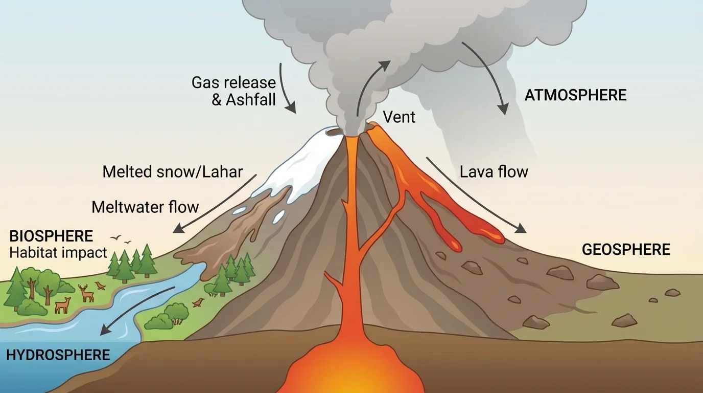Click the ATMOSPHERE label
tap(575, 95)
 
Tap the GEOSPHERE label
tap(626, 250)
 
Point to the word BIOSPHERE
tap(51, 236)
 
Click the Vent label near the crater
tap(399, 117)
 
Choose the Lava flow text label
tap(494, 171)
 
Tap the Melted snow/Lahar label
tap(172, 171)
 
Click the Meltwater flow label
tap(145, 207)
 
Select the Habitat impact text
tap(58, 252)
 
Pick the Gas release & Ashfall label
tap(234, 91)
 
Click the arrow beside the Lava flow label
tap(475, 194)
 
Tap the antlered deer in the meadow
tap(86, 293)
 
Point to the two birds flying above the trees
tap(122, 239)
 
